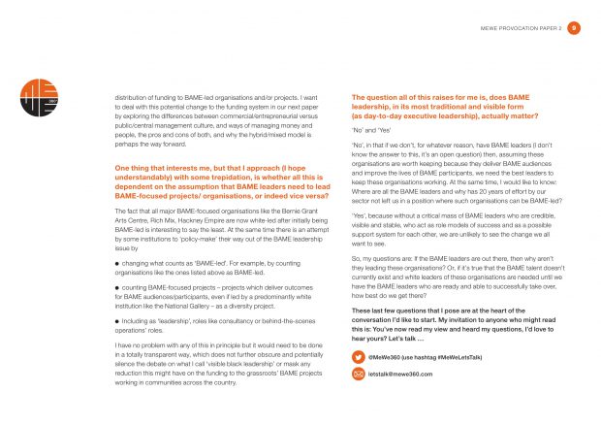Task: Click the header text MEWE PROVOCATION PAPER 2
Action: pos(522,30)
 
